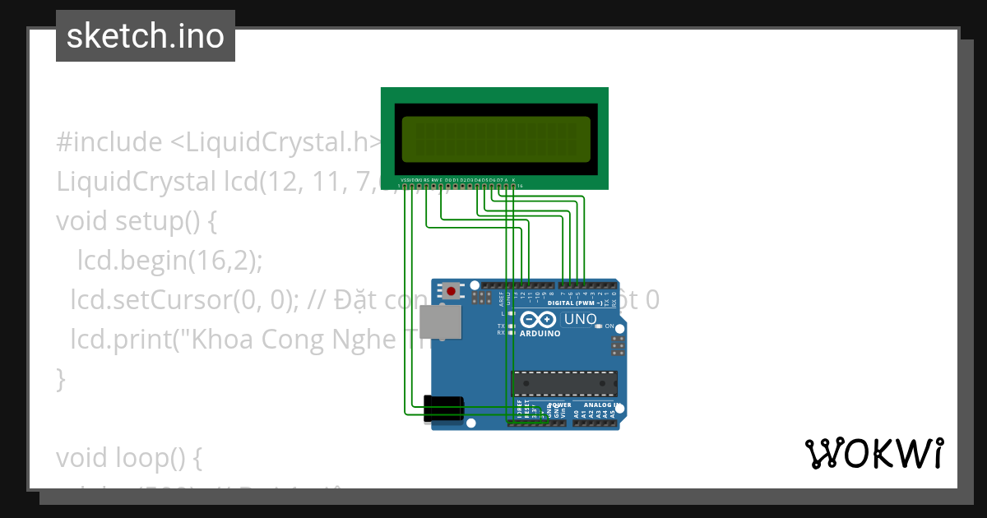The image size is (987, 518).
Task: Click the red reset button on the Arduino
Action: [451, 290]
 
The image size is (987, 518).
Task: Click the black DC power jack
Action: [443, 409]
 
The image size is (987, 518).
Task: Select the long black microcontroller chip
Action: [564, 383]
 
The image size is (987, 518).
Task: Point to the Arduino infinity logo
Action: [540, 320]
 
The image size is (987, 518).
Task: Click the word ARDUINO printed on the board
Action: [540, 334]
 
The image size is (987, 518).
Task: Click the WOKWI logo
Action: [873, 454]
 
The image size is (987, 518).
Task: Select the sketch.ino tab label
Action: [146, 36]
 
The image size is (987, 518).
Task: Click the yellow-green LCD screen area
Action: [496, 139]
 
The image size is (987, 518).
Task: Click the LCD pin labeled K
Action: [513, 186]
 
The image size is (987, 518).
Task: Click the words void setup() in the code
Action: [136, 221]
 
